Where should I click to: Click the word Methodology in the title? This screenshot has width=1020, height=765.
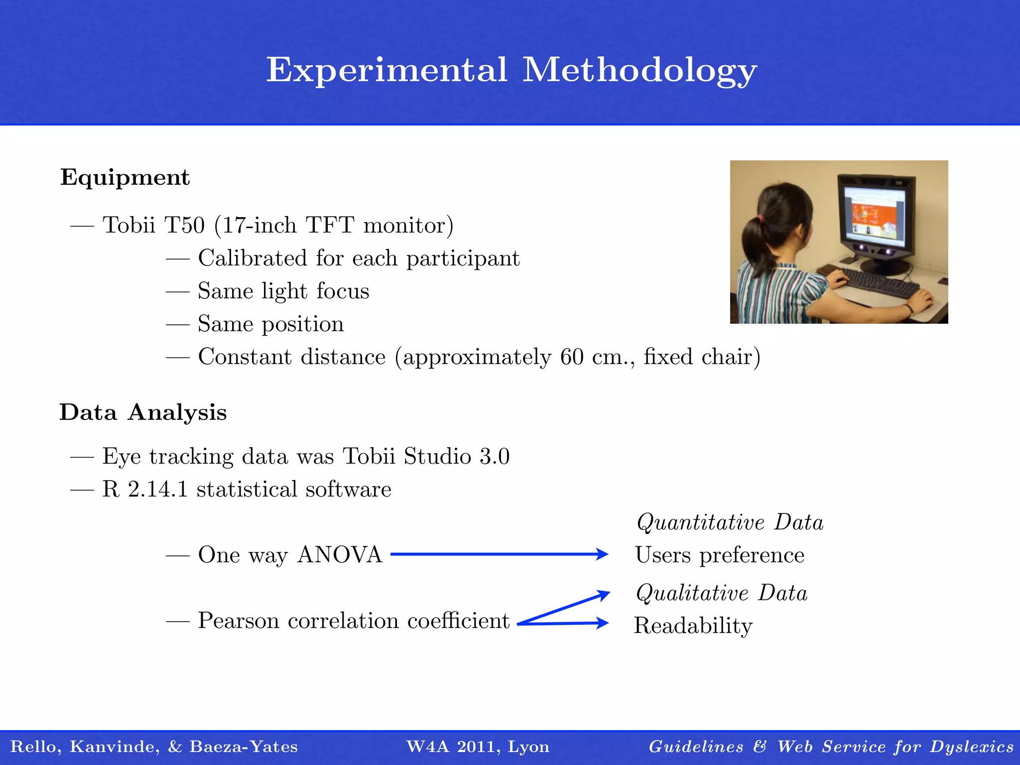click(x=639, y=71)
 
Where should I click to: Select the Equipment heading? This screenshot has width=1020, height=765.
click(x=125, y=178)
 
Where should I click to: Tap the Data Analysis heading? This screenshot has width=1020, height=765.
click(x=143, y=413)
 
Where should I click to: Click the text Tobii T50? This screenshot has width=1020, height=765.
click(x=153, y=225)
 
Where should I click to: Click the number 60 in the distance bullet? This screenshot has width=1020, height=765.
click(x=571, y=357)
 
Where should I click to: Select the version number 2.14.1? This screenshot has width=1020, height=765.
click(x=158, y=489)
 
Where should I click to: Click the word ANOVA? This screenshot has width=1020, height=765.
click(x=340, y=555)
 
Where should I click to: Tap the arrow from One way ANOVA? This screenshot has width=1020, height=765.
click(x=498, y=554)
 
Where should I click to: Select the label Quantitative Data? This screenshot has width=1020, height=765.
click(x=730, y=522)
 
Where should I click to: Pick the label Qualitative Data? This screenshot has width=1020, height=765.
click(x=721, y=593)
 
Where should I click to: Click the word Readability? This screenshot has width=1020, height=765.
click(x=693, y=626)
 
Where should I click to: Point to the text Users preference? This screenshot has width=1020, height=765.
click(x=720, y=555)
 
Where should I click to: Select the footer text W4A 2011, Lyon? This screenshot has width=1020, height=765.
click(x=478, y=747)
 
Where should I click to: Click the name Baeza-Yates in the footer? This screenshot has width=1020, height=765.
click(x=244, y=747)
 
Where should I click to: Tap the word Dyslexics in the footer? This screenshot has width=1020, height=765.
click(x=971, y=747)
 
